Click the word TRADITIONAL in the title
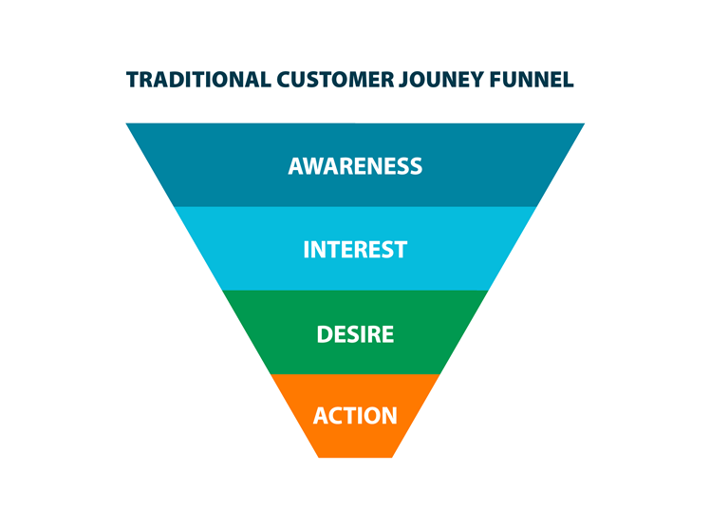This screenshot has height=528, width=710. pos(198,80)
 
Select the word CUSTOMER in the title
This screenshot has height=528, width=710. pos(335,80)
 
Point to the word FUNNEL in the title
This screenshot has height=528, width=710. pos(532,80)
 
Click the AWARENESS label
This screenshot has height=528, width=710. pos(355,166)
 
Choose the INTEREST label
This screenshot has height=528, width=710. pos(355,250)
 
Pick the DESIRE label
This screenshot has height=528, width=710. pos(355,334)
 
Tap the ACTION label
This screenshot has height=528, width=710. pos(355,416)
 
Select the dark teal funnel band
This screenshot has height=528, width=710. pos(355,165)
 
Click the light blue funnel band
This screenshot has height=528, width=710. pos(355,249)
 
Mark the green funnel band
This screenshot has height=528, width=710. pos(355,332)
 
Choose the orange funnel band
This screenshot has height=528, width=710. pos(355,416)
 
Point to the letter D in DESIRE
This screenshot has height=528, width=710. pos(325,334)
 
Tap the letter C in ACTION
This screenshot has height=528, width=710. pos(335,416)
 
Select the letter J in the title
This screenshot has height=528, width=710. pos(403,81)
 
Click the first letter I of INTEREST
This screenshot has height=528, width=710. pos(306,250)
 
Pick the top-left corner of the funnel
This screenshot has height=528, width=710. pos(126,123)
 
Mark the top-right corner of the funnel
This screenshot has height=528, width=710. pos(585,123)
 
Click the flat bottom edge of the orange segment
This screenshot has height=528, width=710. pos(355,458)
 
